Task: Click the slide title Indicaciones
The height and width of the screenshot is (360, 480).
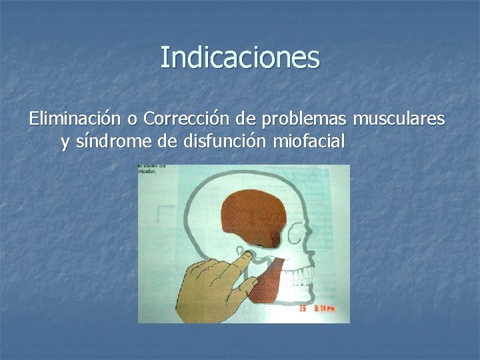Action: pyautogui.click(x=240, y=57)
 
